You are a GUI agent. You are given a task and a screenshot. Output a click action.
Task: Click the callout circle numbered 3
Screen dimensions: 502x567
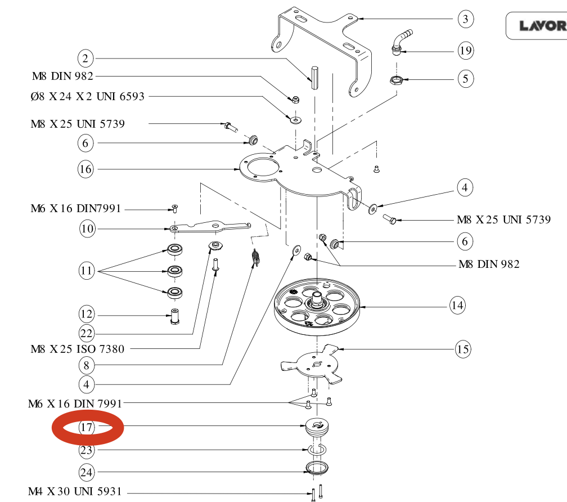click(x=465, y=20)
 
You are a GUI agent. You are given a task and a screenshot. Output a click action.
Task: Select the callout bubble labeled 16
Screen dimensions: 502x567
click(x=85, y=168)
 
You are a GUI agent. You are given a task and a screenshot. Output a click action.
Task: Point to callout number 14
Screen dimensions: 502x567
click(x=457, y=306)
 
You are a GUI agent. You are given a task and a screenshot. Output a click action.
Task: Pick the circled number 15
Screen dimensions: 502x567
click(x=463, y=349)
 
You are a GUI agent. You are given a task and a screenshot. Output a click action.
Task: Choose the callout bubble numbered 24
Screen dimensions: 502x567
click(x=86, y=472)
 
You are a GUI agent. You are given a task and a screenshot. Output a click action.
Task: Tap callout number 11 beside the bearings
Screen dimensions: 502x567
click(x=86, y=271)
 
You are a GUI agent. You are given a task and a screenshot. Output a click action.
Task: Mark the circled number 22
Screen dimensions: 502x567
click(x=86, y=333)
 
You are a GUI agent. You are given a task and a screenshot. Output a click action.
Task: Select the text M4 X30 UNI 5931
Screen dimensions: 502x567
click(x=75, y=491)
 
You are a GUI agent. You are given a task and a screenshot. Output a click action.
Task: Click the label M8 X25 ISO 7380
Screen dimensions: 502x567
click(x=78, y=349)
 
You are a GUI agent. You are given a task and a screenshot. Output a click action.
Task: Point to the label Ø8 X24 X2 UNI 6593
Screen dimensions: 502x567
click(x=87, y=96)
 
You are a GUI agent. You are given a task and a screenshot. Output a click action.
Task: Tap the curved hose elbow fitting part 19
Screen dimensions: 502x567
click(x=402, y=41)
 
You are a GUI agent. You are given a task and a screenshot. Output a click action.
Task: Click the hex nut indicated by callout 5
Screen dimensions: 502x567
click(x=395, y=80)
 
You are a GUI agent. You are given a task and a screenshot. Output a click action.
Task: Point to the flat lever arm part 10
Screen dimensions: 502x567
click(x=211, y=226)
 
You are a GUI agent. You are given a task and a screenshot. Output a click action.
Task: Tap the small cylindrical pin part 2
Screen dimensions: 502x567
click(x=313, y=76)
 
